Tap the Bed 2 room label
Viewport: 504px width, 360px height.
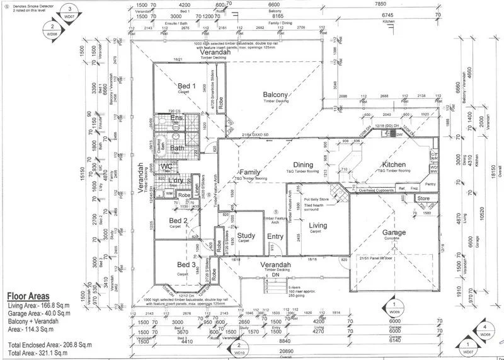click(179, 220)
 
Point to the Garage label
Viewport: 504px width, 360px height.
click(393, 233)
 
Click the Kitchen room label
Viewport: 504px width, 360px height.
click(394, 165)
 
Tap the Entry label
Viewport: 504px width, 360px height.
click(275, 236)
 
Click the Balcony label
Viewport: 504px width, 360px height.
click(276, 95)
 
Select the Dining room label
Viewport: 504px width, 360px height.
click(303, 165)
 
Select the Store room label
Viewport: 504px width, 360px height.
click(423, 199)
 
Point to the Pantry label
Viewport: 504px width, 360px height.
click(430, 184)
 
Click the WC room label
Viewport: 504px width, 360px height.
click(166, 166)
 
